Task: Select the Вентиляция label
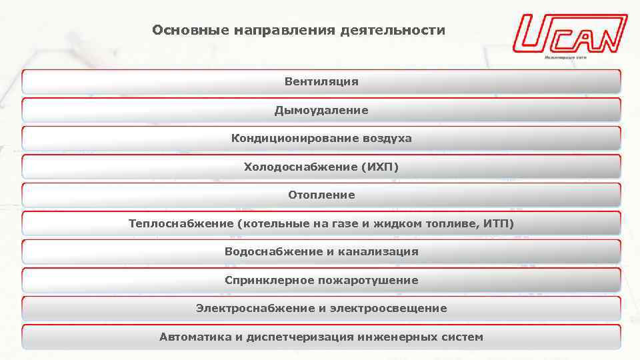321,82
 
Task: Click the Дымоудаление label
321,110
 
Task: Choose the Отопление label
321,195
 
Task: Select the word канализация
379,252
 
